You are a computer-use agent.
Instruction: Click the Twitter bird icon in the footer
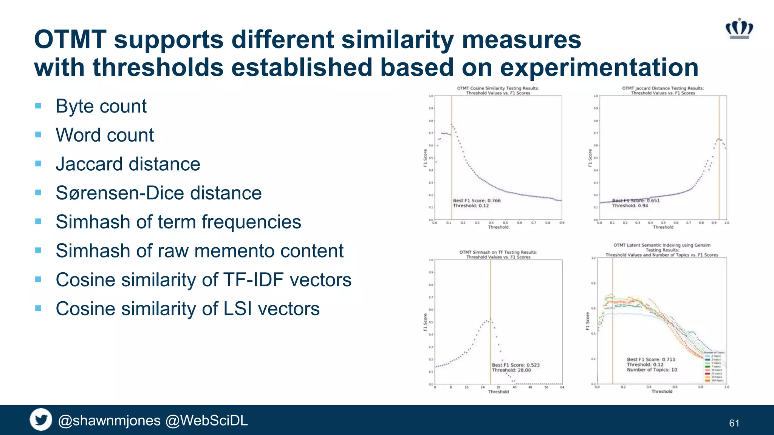(41, 420)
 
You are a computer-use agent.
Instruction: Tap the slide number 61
(734, 423)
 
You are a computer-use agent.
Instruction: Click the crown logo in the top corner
(739, 29)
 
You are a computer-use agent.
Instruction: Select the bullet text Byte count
(101, 106)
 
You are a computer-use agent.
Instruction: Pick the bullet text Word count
(105, 135)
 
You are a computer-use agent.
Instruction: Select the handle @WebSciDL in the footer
(207, 420)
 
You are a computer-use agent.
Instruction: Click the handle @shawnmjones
(109, 420)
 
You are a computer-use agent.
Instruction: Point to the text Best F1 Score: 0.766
(477, 201)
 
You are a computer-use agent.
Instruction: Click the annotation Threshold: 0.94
(630, 206)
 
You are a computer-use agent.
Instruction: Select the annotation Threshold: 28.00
(511, 370)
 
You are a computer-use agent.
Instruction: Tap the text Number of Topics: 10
(652, 370)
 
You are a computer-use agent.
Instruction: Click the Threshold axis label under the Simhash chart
(498, 392)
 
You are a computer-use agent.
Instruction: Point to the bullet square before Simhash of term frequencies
(38, 222)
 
